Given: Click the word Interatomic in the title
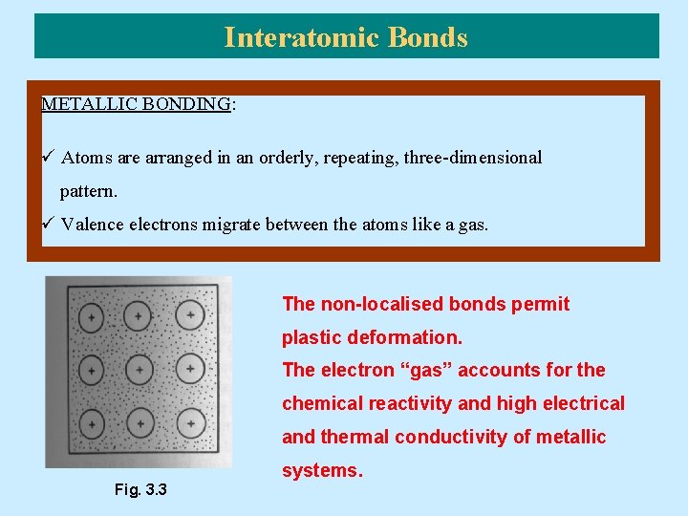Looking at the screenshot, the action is point(302,37).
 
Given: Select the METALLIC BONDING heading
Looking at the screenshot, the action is point(136,104).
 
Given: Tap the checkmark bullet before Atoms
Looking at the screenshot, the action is point(48,158).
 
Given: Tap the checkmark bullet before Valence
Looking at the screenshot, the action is point(48,225).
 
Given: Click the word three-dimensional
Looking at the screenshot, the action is point(473,158).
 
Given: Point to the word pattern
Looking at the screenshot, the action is point(88,191).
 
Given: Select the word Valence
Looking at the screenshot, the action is point(94,225).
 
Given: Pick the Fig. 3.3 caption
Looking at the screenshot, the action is point(140,490).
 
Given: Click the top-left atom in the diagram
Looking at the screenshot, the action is point(91,315).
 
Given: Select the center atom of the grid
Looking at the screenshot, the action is point(140,368).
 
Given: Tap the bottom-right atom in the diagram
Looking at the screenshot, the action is point(191,420).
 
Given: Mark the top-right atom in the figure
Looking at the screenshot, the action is point(191,313).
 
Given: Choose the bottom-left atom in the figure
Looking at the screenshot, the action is point(91,421).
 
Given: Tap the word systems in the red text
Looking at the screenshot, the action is point(322,470).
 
